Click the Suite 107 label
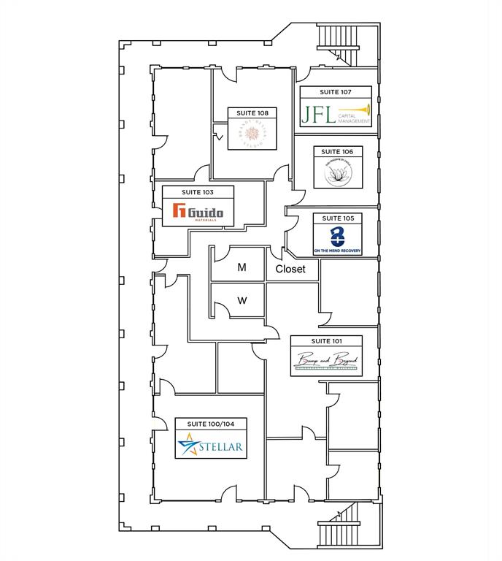tap(336, 93)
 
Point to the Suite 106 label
tap(337, 152)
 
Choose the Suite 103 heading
tap(198, 191)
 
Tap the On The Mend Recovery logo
tap(337, 239)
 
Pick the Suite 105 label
tap(337, 218)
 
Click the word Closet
tap(290, 269)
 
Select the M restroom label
tap(242, 268)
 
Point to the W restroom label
tap(242, 300)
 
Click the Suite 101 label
tap(326, 341)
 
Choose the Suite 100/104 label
tap(210, 424)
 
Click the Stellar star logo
tap(189, 444)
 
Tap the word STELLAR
tap(221, 445)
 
